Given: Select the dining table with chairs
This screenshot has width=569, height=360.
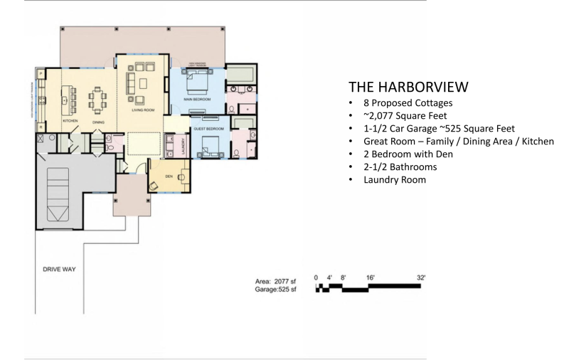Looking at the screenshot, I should pos(97,97).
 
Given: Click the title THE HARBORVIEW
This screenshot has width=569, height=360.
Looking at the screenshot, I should pos(408,87).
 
